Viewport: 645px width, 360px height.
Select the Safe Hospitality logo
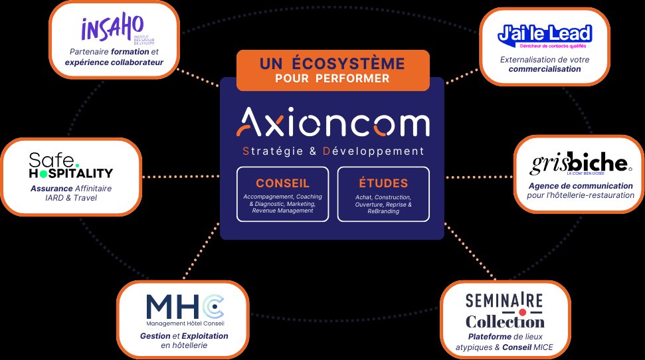point(71,165)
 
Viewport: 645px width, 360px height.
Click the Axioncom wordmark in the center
point(333,124)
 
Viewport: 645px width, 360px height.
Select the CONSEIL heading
point(282,183)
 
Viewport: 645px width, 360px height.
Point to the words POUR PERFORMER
point(332,79)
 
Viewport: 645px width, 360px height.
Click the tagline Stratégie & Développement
point(333,151)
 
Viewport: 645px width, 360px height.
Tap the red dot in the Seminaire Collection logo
point(522,312)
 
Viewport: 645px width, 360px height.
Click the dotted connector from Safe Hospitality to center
point(181,177)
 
